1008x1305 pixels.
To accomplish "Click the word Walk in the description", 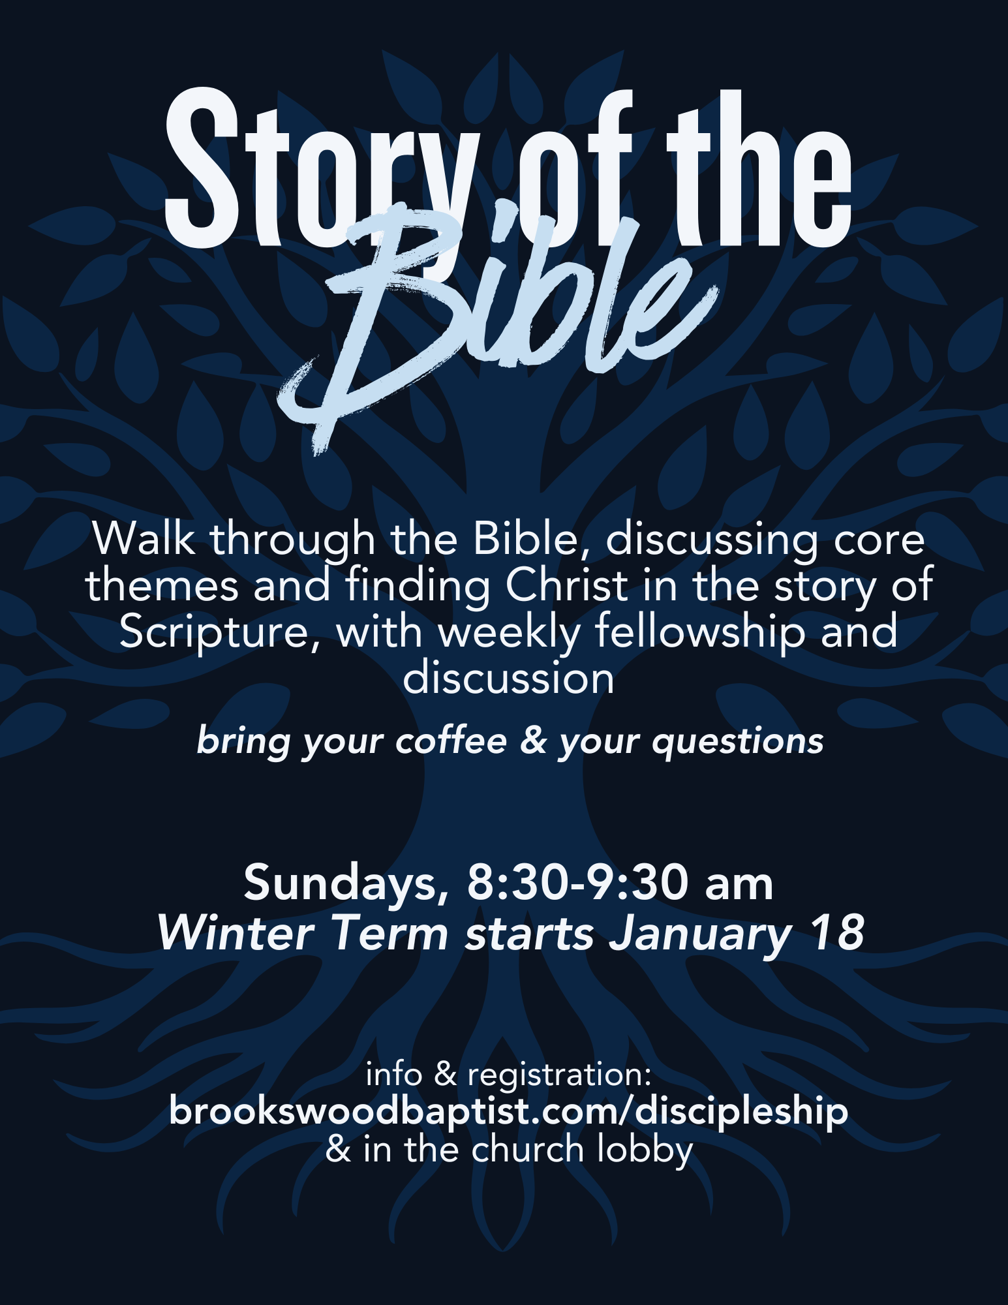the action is (144, 539).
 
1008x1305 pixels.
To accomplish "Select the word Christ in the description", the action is (566, 585).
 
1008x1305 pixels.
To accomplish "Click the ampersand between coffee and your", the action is (532, 741).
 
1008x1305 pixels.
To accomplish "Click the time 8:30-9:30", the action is (577, 883).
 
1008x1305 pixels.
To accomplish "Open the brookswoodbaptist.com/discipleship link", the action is (509, 1111).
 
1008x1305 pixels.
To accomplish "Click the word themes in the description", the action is (162, 585).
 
